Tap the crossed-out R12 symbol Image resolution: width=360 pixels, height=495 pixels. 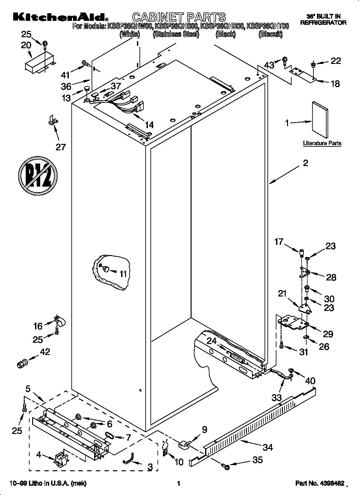coord(38,176)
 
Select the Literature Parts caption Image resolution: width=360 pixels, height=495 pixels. coord(322,143)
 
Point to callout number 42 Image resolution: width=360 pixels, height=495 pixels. coord(44,352)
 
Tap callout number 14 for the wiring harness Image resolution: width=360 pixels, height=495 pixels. coord(149,125)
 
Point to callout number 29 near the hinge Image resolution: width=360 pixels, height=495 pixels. coord(328,334)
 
